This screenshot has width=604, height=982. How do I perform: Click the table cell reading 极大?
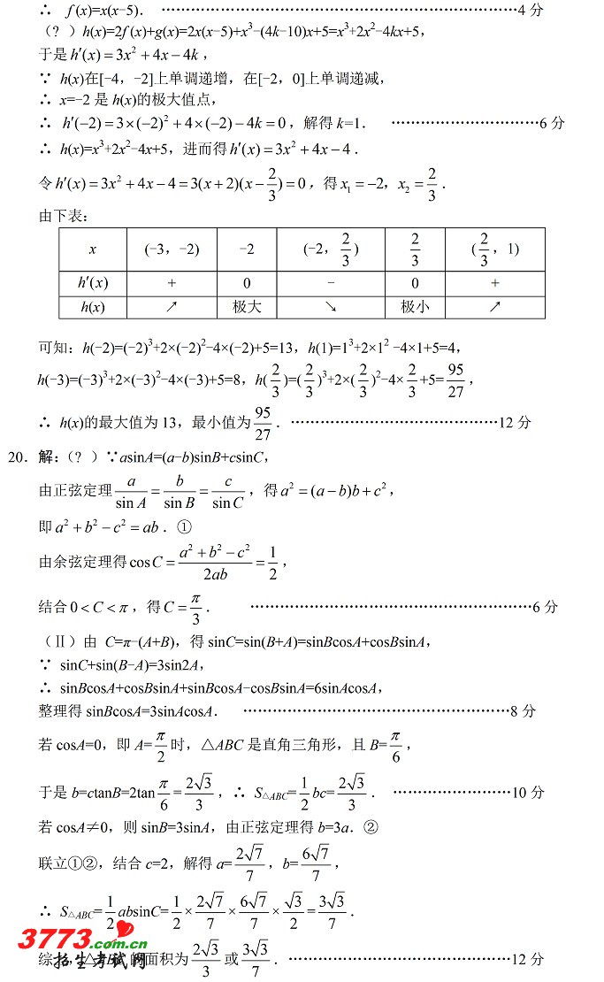(x=247, y=307)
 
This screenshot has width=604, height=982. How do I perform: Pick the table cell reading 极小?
(x=415, y=307)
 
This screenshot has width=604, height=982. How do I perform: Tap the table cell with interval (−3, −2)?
(x=172, y=249)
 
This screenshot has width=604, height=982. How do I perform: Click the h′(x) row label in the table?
(x=93, y=283)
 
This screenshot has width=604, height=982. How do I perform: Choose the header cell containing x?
(x=93, y=249)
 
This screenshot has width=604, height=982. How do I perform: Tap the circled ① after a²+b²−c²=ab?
(x=185, y=526)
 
